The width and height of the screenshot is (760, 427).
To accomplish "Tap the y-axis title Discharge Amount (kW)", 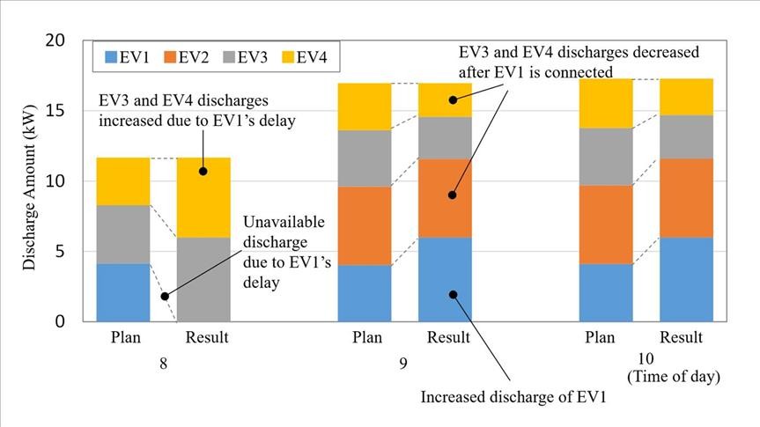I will point(31,180).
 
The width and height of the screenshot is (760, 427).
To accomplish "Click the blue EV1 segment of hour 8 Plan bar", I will point(123,292).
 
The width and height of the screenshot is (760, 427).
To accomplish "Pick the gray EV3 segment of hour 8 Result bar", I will point(203,279).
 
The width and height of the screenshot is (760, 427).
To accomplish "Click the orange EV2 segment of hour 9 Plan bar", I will point(365,225).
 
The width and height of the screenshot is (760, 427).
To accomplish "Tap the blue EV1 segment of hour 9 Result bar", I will point(445,279).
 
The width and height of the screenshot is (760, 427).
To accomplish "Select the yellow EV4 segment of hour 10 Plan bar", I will point(605,103).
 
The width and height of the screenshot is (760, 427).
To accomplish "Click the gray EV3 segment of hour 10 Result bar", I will point(686,136).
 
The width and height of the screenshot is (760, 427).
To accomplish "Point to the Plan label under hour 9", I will point(365,337).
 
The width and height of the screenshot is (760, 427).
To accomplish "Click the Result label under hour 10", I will point(682,337).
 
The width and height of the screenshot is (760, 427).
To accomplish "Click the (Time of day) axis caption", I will point(674,377).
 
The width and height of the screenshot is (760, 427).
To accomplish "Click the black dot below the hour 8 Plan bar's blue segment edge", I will point(165,296).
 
